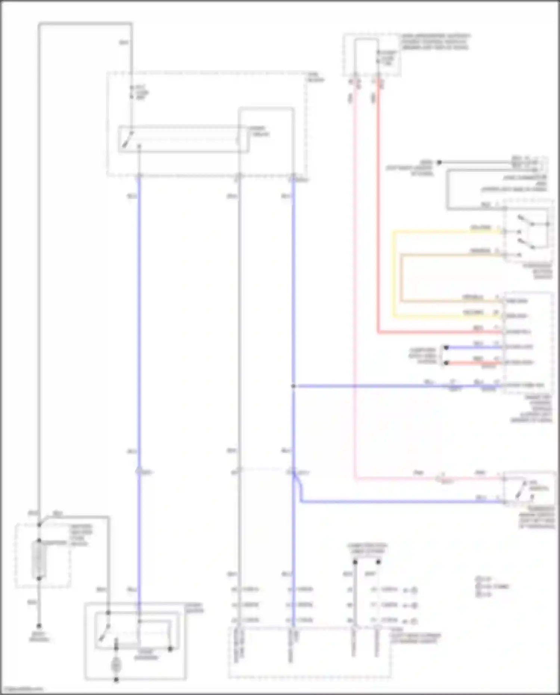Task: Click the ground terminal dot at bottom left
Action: [x=39, y=626]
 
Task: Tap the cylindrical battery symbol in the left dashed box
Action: [x=39, y=559]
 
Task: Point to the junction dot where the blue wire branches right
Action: [x=293, y=386]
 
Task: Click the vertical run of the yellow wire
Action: [x=393, y=274]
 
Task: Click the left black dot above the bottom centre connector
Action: [x=355, y=562]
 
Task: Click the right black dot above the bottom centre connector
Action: [x=378, y=562]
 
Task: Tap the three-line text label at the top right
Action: [x=435, y=42]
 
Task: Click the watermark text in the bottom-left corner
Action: [x=22, y=689]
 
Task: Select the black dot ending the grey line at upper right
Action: [x=439, y=162]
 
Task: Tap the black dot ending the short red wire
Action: [x=446, y=363]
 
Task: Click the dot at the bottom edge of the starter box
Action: [x=116, y=680]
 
